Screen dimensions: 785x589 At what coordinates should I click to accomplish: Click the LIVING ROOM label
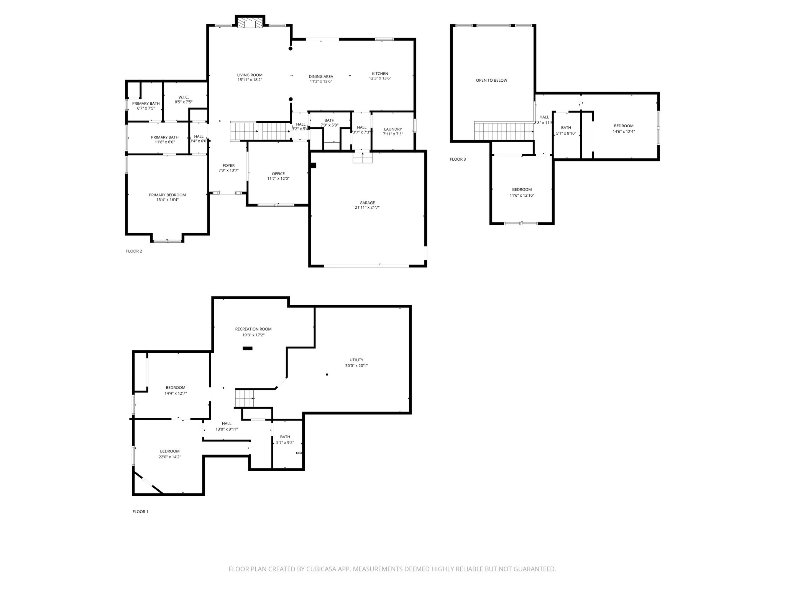click(x=250, y=75)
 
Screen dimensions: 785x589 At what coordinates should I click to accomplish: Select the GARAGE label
click(x=367, y=203)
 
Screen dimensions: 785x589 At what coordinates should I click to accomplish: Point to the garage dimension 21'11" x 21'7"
click(x=367, y=207)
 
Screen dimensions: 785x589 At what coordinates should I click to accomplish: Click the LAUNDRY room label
click(x=393, y=129)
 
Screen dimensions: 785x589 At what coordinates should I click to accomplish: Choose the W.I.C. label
click(x=184, y=97)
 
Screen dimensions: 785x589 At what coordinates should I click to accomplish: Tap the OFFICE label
click(x=278, y=174)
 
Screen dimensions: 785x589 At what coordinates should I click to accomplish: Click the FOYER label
click(x=229, y=166)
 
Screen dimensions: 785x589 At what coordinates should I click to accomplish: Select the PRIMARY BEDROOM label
click(x=168, y=195)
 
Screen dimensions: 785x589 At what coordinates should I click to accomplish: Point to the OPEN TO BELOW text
click(x=491, y=81)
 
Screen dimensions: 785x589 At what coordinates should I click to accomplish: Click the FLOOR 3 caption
click(x=458, y=159)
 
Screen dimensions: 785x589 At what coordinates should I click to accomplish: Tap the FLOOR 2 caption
click(x=134, y=251)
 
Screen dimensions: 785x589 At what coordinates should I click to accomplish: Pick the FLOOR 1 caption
click(x=140, y=512)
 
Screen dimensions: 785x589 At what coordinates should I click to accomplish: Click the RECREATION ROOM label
click(x=253, y=329)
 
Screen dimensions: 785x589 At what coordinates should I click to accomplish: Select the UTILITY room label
click(x=356, y=360)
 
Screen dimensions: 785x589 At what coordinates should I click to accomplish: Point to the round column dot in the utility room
click(x=327, y=375)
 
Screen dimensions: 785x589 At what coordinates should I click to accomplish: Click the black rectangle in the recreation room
click(x=248, y=348)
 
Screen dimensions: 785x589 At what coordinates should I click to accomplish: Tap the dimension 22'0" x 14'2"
click(x=170, y=457)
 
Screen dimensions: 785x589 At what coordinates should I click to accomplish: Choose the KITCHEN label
click(x=380, y=74)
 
